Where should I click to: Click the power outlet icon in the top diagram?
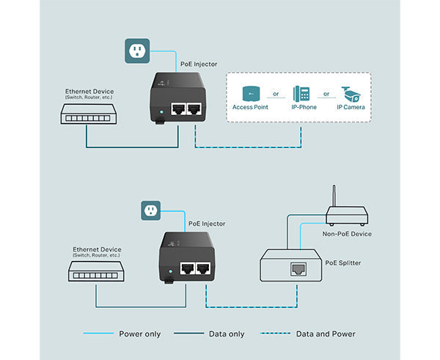point(135,51)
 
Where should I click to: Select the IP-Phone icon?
point(302,94)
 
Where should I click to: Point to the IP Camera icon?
point(351,93)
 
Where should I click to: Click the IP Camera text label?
point(351,107)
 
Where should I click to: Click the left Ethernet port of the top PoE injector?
point(177,109)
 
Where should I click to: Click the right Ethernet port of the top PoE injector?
point(194,109)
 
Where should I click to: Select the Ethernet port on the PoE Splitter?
point(300,268)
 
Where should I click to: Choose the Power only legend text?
point(139,334)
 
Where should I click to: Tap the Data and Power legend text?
point(326,334)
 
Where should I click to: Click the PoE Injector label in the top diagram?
point(198,64)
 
